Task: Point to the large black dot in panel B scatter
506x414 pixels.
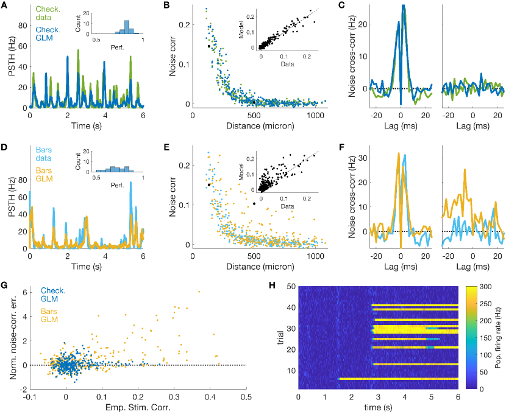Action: tap(209, 46)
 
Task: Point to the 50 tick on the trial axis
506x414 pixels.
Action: tap(291, 286)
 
